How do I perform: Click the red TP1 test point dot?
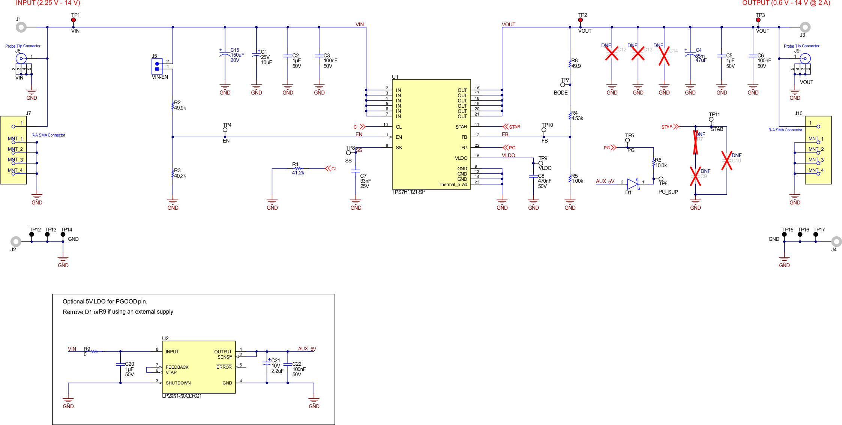click(x=74, y=20)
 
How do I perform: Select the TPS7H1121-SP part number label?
click(x=409, y=192)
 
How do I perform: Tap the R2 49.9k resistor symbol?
click(x=173, y=106)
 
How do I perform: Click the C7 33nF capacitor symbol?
click(x=356, y=171)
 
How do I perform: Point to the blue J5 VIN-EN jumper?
click(x=157, y=66)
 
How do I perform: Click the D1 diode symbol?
click(x=633, y=184)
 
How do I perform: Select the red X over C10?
click(x=726, y=161)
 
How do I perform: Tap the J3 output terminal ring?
click(x=805, y=27)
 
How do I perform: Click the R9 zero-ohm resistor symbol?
click(x=95, y=351)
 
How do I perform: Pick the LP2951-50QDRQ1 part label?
click(x=182, y=396)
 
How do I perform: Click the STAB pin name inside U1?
click(x=461, y=127)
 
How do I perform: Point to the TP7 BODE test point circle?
click(x=563, y=85)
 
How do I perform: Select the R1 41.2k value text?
click(x=298, y=173)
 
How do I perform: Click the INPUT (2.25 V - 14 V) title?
click(x=48, y=3)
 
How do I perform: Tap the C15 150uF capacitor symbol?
click(x=225, y=55)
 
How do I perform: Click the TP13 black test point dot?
click(x=47, y=234)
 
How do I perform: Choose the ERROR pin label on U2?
click(x=224, y=367)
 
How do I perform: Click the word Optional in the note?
click(x=74, y=302)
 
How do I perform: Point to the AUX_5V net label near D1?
click(x=605, y=181)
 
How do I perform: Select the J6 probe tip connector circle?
click(x=21, y=59)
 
